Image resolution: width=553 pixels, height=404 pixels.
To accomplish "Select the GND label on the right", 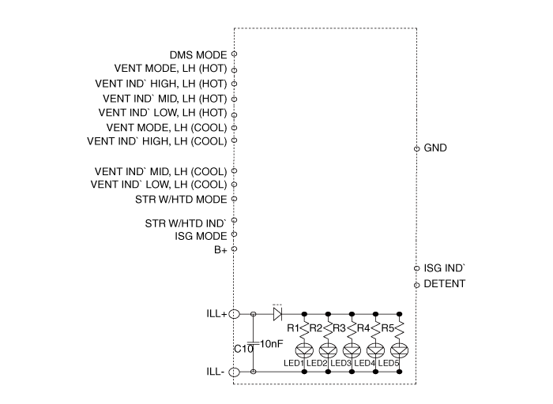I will coord(436,148).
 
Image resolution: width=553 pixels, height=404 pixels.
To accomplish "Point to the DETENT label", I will coord(445,284).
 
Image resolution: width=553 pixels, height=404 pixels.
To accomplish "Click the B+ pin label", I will coord(220,249).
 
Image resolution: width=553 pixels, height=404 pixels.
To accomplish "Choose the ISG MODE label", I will coord(201,235).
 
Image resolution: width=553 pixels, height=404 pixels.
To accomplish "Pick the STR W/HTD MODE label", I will coord(181,199).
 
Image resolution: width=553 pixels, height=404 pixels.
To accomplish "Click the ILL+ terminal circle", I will coord(235,314).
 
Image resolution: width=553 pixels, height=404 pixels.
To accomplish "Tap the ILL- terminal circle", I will coord(235,371).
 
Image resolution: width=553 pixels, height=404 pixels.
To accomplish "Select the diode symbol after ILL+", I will coord(277,314).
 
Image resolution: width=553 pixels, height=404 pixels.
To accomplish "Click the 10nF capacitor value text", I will coord(271,343).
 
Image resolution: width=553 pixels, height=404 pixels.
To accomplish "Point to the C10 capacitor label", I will coord(243,348).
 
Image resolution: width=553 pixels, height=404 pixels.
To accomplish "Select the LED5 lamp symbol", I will coord(399,350).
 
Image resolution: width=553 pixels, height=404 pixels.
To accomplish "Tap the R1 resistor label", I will coord(292,327).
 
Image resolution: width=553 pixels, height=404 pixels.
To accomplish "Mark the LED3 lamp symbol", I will coord(352,350).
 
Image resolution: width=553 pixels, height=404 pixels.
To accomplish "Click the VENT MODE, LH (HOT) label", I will coord(171,69).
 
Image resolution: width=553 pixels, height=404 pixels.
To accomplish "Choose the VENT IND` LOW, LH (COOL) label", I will coord(159,185).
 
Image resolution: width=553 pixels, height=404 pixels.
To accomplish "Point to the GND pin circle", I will coord(416,148).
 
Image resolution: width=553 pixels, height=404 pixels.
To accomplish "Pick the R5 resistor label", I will coord(387,327).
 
